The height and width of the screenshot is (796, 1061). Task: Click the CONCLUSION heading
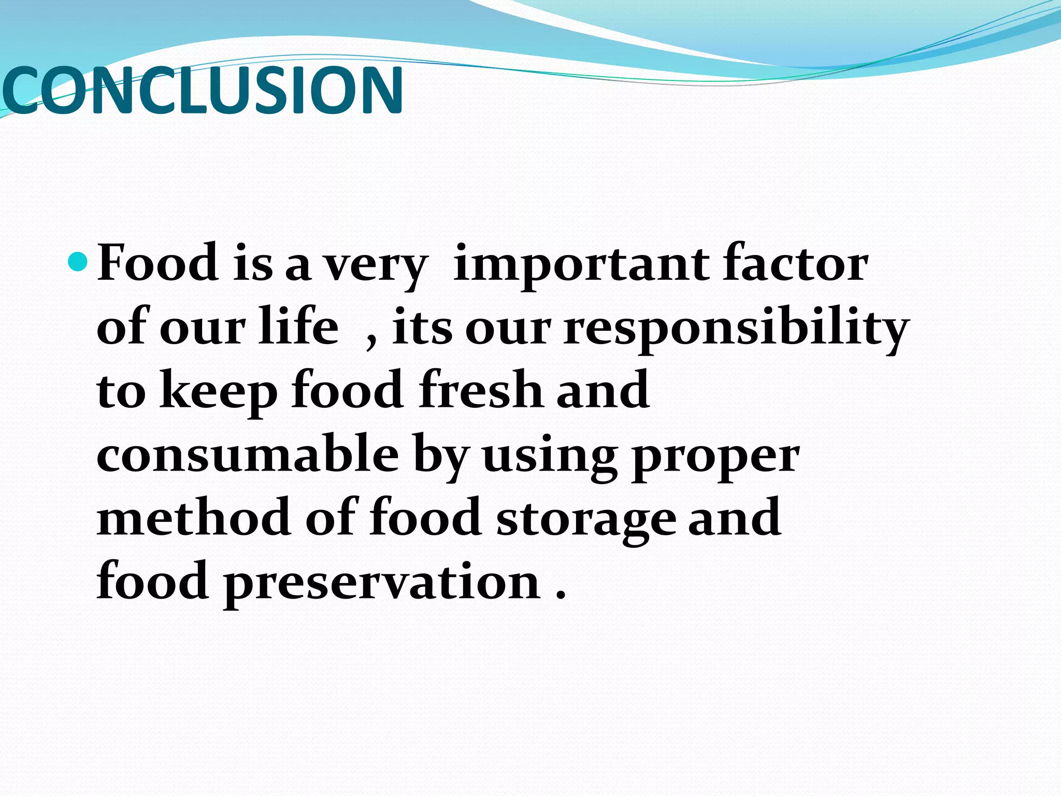202,90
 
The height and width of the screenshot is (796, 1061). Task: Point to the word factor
796,263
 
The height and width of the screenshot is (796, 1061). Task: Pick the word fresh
481,390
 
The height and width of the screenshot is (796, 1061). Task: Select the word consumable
248,454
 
